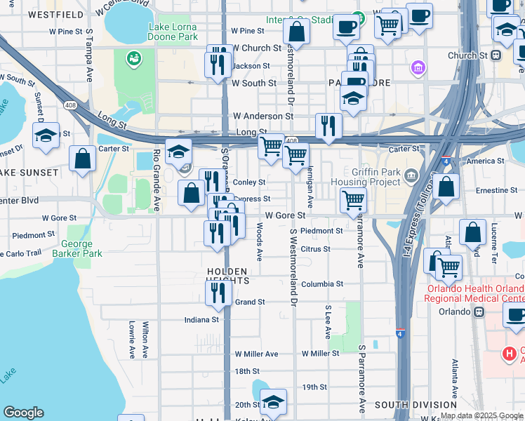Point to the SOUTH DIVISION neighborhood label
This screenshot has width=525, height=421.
point(411,405)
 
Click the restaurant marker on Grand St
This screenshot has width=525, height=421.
point(219,292)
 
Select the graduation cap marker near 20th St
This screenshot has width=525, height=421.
point(273,401)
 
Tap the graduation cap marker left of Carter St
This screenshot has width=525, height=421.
point(46,135)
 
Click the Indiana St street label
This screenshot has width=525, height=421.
point(201,320)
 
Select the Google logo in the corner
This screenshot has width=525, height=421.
point(23,413)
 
